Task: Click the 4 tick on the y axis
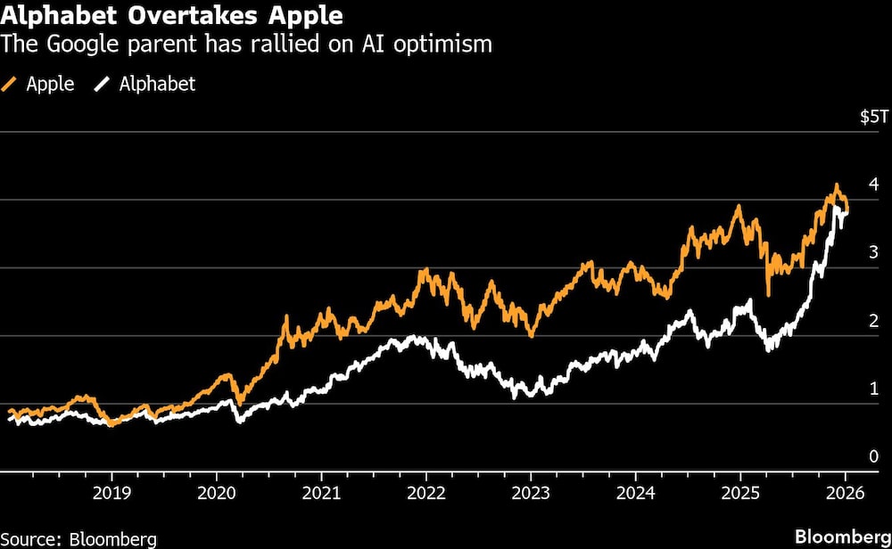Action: (x=873, y=185)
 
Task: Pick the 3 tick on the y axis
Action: (x=873, y=253)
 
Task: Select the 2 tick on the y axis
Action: (x=873, y=321)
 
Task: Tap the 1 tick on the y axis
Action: (x=873, y=389)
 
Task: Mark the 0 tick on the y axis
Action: (x=873, y=457)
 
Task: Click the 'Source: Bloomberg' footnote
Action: (x=78, y=538)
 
